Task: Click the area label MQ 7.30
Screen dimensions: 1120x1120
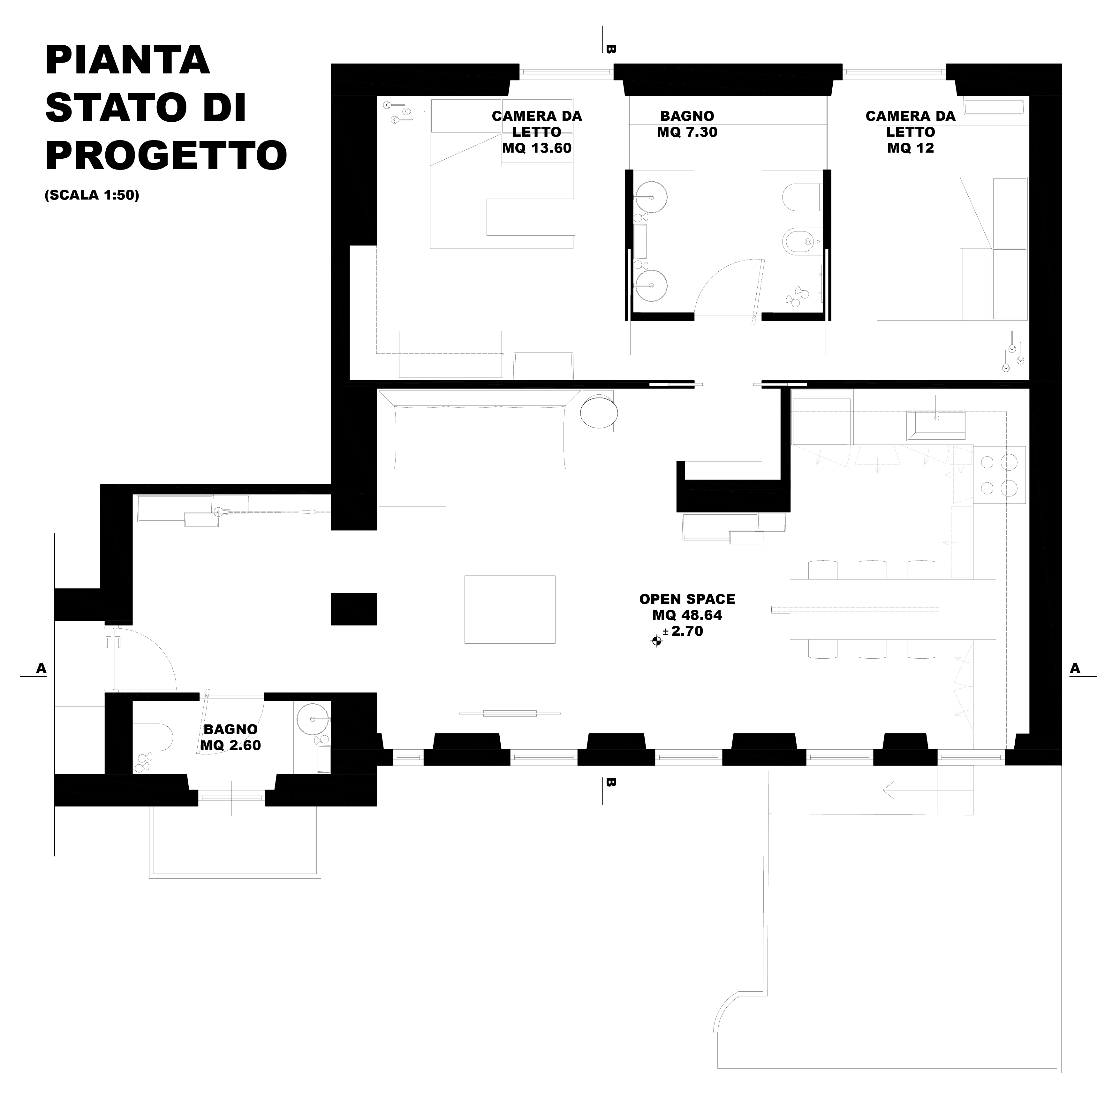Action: click(687, 132)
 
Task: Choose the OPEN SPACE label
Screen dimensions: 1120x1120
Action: click(687, 599)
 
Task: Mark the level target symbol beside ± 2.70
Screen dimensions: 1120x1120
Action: click(657, 640)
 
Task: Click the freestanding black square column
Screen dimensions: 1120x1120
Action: click(354, 609)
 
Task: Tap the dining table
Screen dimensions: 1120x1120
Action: click(893, 609)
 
